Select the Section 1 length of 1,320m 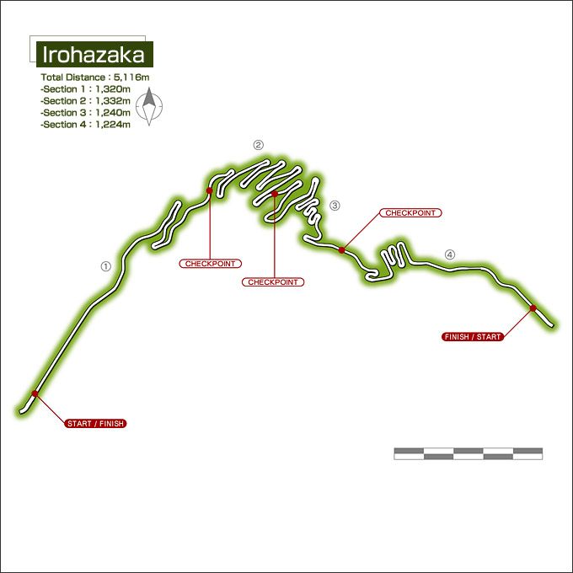[x=85, y=88]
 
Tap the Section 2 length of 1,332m [x=85, y=100]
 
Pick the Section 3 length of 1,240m [x=85, y=112]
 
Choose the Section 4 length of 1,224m [x=85, y=124]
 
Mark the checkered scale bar [x=468, y=454]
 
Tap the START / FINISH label [x=95, y=423]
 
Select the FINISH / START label [x=472, y=336]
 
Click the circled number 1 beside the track [x=105, y=265]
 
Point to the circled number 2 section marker [x=259, y=145]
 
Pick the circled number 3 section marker [x=335, y=205]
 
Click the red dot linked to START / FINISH [x=35, y=394]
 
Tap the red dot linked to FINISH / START [x=533, y=308]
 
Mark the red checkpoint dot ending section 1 [x=209, y=191]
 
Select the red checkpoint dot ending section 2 [x=275, y=194]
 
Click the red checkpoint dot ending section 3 [x=341, y=249]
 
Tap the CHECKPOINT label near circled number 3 [x=410, y=213]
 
